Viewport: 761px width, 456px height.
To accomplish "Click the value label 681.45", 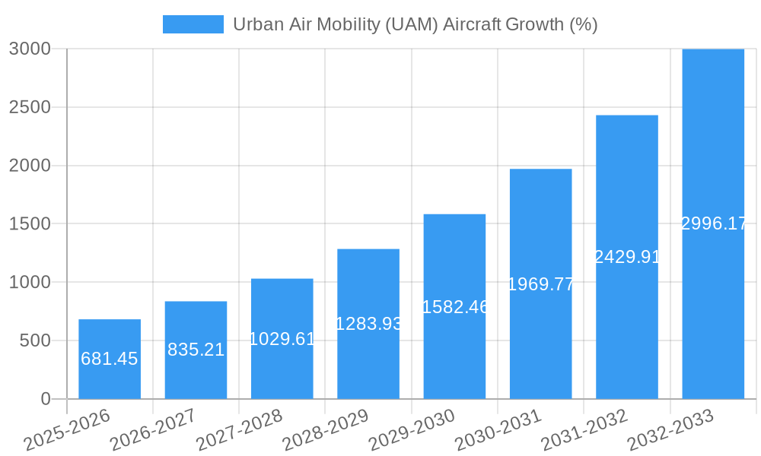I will pyautogui.click(x=110, y=359).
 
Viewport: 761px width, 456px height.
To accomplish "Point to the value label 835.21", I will pyautogui.click(x=196, y=350).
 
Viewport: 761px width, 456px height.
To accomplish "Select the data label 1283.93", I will pyautogui.click(x=368, y=324).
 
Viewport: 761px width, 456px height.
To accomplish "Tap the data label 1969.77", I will pyautogui.click(x=540, y=284).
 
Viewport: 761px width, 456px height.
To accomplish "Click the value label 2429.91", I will pyautogui.click(x=627, y=257).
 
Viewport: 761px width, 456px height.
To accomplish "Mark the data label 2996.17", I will pyautogui.click(x=713, y=223).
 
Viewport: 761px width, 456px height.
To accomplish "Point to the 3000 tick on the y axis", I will pyautogui.click(x=30, y=49).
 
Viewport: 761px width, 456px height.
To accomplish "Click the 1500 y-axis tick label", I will pyautogui.click(x=30, y=224).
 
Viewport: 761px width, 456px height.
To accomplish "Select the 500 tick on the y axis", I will pyautogui.click(x=36, y=340).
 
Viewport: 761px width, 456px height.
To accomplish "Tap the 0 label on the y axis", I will pyautogui.click(x=45, y=399).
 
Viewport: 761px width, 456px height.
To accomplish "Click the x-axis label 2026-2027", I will pyautogui.click(x=153, y=430).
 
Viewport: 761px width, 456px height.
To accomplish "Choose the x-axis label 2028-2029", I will pyautogui.click(x=326, y=430).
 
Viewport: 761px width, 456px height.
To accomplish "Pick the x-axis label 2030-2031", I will pyautogui.click(x=498, y=430).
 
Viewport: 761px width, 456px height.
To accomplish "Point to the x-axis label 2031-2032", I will pyautogui.click(x=584, y=430).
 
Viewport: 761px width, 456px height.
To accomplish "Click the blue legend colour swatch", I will pyautogui.click(x=193, y=24).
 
